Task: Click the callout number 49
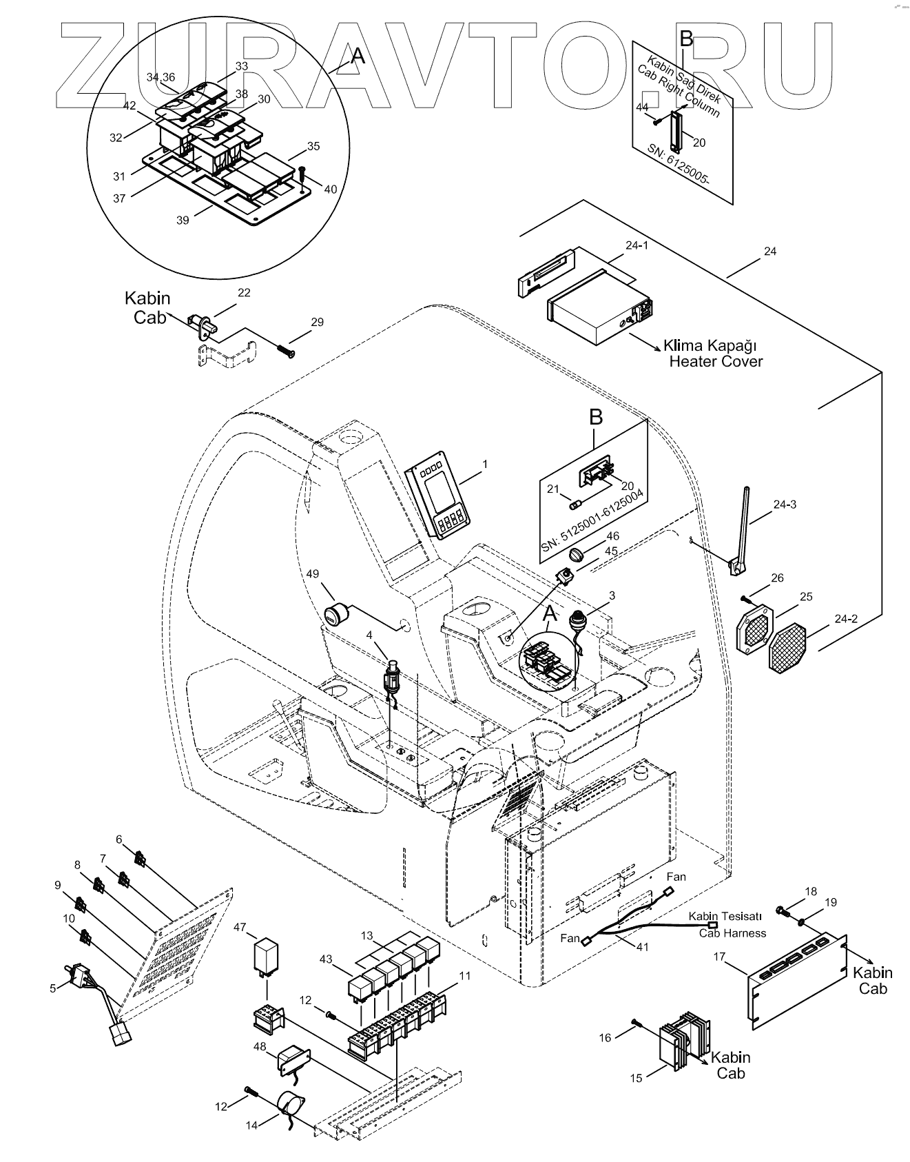[x=313, y=575]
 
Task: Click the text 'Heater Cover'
[x=716, y=361]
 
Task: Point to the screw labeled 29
[x=286, y=350]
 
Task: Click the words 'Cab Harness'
[x=732, y=934]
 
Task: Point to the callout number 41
[x=642, y=947]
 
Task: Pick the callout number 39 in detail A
[x=183, y=220]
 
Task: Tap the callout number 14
[x=252, y=1125]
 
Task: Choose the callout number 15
[x=636, y=1077]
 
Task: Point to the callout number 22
[x=244, y=292]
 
